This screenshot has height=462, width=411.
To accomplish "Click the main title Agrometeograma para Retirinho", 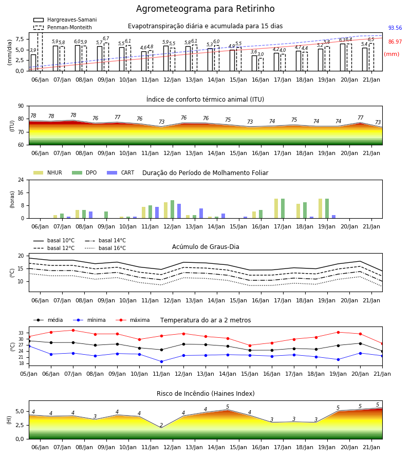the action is coord(205,9).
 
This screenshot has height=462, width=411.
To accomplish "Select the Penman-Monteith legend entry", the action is coord(63,27).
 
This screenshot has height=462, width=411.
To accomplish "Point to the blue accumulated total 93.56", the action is coord(395,28).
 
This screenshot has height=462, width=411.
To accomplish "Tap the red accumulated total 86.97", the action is coord(395,42).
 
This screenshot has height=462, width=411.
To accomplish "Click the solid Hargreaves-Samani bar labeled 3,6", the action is coord(254,63).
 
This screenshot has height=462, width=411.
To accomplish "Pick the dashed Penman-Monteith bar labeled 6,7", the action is coord(106,57).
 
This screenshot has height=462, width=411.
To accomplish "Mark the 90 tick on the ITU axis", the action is coord(21,106).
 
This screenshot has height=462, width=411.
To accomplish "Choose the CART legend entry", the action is coord(120,172).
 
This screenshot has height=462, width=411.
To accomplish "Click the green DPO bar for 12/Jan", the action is coord(173,209).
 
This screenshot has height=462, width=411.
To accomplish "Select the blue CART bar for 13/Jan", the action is coord(201,214).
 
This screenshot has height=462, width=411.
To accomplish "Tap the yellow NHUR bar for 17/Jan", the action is coord(276,208).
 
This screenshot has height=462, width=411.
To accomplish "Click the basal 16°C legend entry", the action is coord(105,248).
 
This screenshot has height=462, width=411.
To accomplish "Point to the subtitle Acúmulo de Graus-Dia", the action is coord(206,247).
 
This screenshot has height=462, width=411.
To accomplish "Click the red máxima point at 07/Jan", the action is coord(73,330).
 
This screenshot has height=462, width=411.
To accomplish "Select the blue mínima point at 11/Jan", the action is coord(161,361).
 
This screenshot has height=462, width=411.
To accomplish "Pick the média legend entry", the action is coord(48,320).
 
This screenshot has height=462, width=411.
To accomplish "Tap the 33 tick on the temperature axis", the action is coord(21,333).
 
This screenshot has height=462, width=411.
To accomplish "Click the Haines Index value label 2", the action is coord(161,425).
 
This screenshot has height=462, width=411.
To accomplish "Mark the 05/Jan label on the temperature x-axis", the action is coord(29,374).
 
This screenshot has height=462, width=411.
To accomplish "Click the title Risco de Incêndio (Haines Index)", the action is coord(206,394).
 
